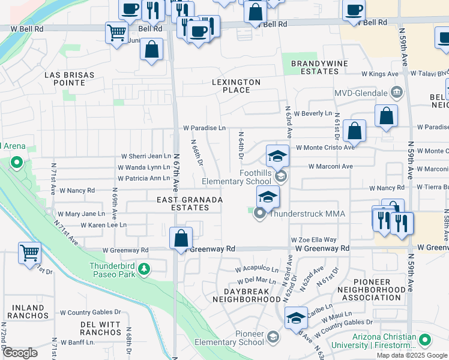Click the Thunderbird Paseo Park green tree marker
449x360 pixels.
point(143,271)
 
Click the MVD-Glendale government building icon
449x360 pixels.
point(396,93)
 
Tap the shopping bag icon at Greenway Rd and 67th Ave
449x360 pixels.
point(181,239)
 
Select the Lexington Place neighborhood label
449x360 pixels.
point(236,86)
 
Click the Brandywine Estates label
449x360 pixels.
point(315,67)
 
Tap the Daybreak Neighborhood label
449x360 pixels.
point(248,295)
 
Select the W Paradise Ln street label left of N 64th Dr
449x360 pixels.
point(204,128)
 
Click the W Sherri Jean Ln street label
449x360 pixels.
point(144,156)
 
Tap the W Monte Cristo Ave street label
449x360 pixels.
point(324,148)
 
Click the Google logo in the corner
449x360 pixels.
point(20,353)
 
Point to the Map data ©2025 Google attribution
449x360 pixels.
point(412,355)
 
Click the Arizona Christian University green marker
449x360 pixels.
point(425,340)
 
